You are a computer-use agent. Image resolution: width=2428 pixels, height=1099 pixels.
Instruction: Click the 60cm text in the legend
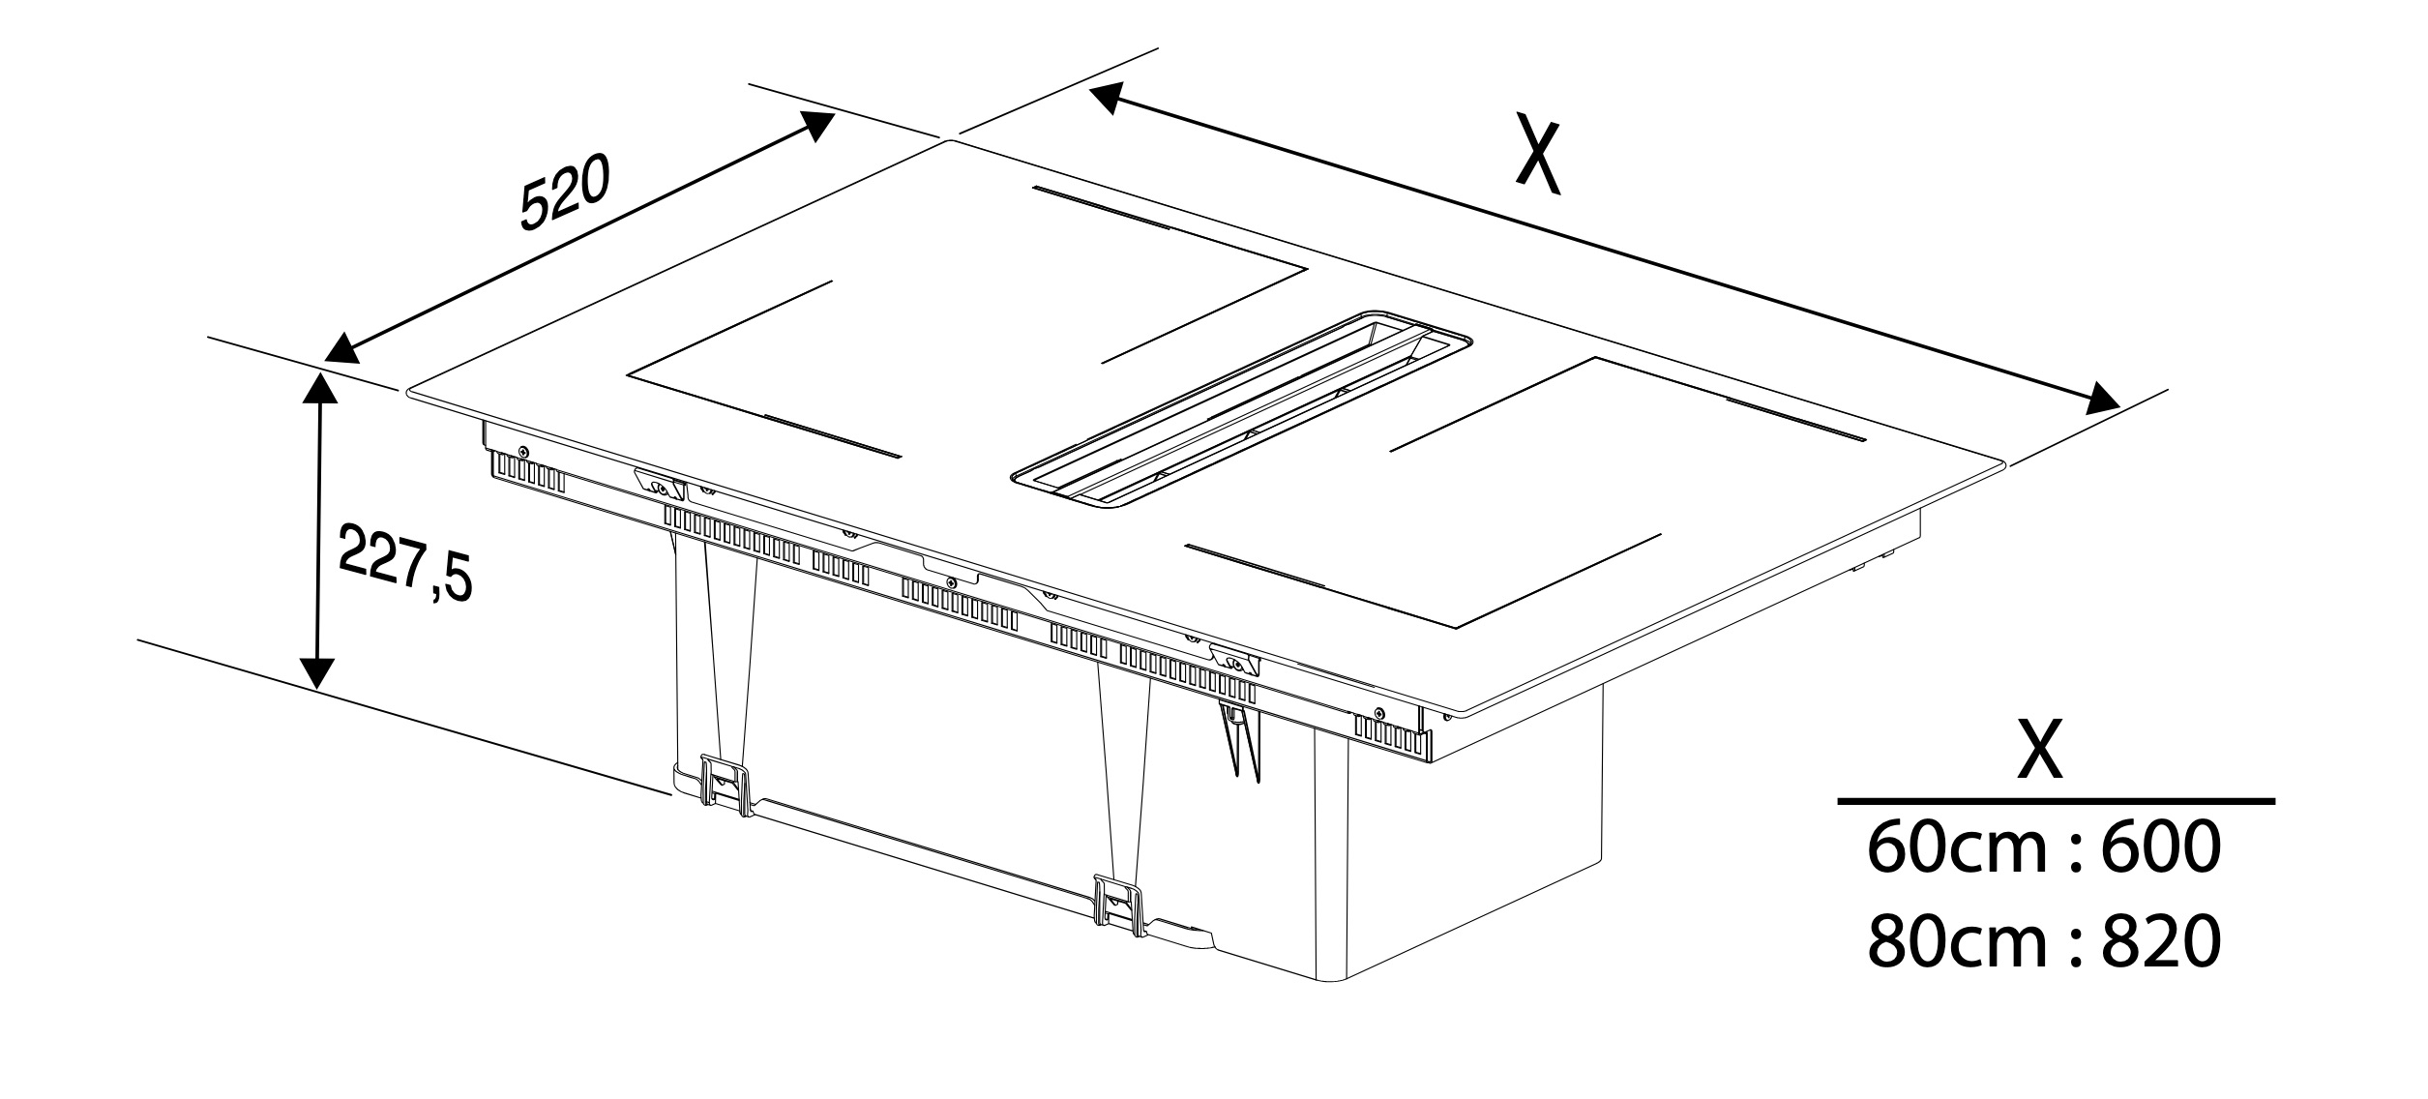tap(1946, 848)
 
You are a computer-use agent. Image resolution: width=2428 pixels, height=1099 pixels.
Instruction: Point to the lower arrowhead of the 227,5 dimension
tap(317, 674)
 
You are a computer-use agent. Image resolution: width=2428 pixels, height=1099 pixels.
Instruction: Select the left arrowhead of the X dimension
tap(1107, 97)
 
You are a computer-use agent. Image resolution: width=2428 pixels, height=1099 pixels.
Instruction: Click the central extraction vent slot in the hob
tap(1241, 409)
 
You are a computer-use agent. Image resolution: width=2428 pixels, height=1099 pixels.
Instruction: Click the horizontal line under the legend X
tap(2056, 801)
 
